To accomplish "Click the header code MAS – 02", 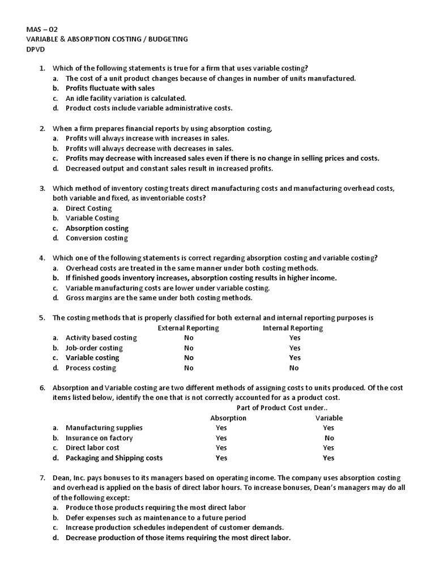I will point(42,29).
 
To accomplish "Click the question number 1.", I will point(42,69).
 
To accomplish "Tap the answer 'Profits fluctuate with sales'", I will point(110,88).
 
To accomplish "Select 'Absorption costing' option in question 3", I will point(97,228).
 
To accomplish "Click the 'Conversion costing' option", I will point(96,238).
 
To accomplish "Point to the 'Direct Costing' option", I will point(88,208).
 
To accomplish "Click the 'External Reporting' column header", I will point(188,328).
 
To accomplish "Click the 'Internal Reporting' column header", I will point(293,328).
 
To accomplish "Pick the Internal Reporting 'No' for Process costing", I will point(294,368).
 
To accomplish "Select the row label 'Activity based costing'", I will point(101,338).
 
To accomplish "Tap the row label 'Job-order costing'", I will point(94,348).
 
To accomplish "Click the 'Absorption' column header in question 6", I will point(228,418).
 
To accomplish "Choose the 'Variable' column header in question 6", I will point(329,418).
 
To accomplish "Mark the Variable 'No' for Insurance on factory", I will point(329,438).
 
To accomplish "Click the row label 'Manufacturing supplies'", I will point(104,428).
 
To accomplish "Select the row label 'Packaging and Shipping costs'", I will point(114,458).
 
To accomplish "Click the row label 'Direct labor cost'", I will point(92,447).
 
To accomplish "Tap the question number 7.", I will point(42,478).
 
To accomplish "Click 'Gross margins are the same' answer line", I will point(159,298).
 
